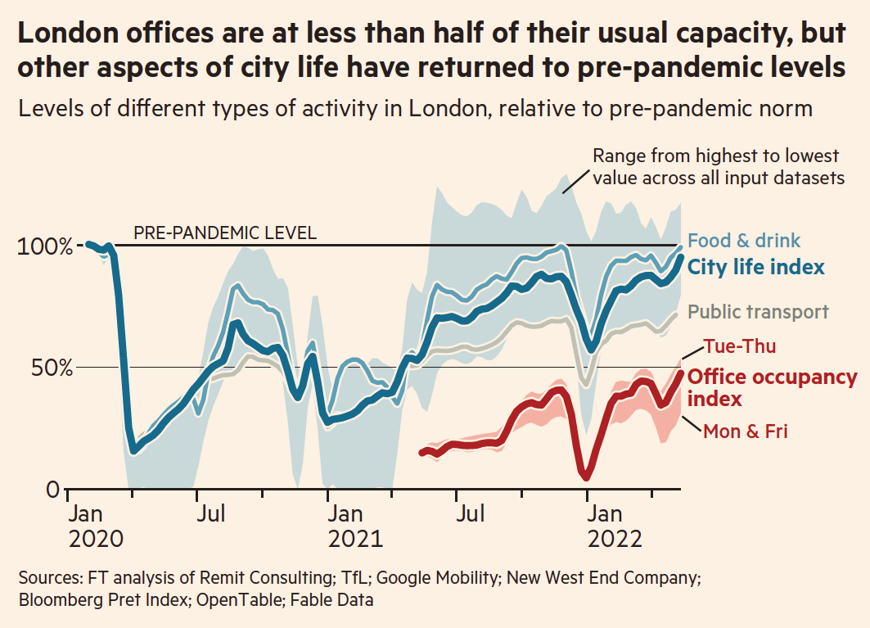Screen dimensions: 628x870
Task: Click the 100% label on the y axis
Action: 44,246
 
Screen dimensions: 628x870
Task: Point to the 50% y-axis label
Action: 51,368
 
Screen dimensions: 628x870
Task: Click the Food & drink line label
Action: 744,241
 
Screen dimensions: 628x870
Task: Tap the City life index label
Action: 755,267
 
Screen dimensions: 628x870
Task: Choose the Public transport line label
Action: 758,312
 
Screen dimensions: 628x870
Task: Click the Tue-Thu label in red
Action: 740,346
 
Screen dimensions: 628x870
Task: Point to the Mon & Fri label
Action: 745,431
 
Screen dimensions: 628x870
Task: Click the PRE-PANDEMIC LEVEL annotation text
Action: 225,233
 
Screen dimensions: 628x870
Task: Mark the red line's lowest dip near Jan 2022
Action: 585,476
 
